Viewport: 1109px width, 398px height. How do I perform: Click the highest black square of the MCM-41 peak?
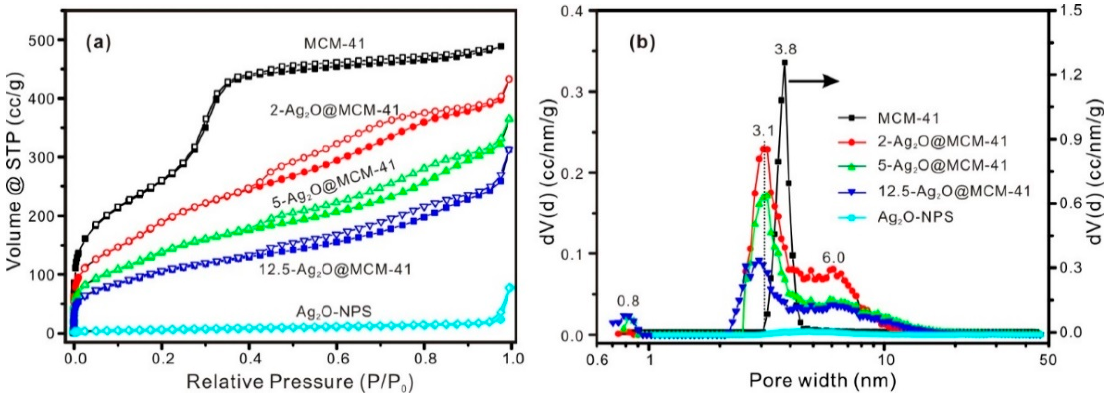pos(785,63)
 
